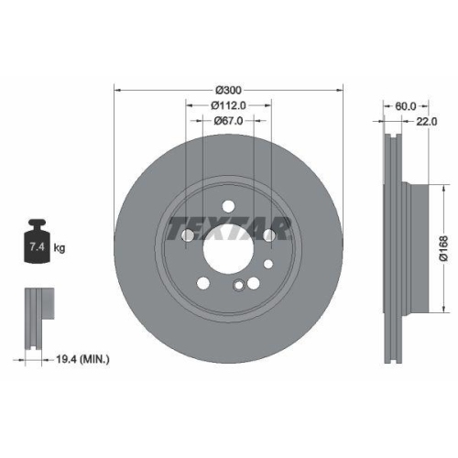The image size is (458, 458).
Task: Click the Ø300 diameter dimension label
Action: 227,91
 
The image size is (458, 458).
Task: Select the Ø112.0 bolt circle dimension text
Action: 227,105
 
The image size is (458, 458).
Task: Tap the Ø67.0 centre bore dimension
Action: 227,120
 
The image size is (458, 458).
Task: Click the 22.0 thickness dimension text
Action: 423,120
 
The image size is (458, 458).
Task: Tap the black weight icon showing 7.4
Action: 37,242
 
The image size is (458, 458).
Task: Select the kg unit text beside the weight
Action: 60,248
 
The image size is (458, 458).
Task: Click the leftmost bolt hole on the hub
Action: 188,236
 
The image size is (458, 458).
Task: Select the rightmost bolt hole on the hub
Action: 268,236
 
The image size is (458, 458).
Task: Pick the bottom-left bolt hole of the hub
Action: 203,280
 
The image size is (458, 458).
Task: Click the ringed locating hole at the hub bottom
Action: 239,283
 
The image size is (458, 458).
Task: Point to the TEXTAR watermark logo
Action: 227,225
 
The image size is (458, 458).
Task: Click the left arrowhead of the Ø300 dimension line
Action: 115,91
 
